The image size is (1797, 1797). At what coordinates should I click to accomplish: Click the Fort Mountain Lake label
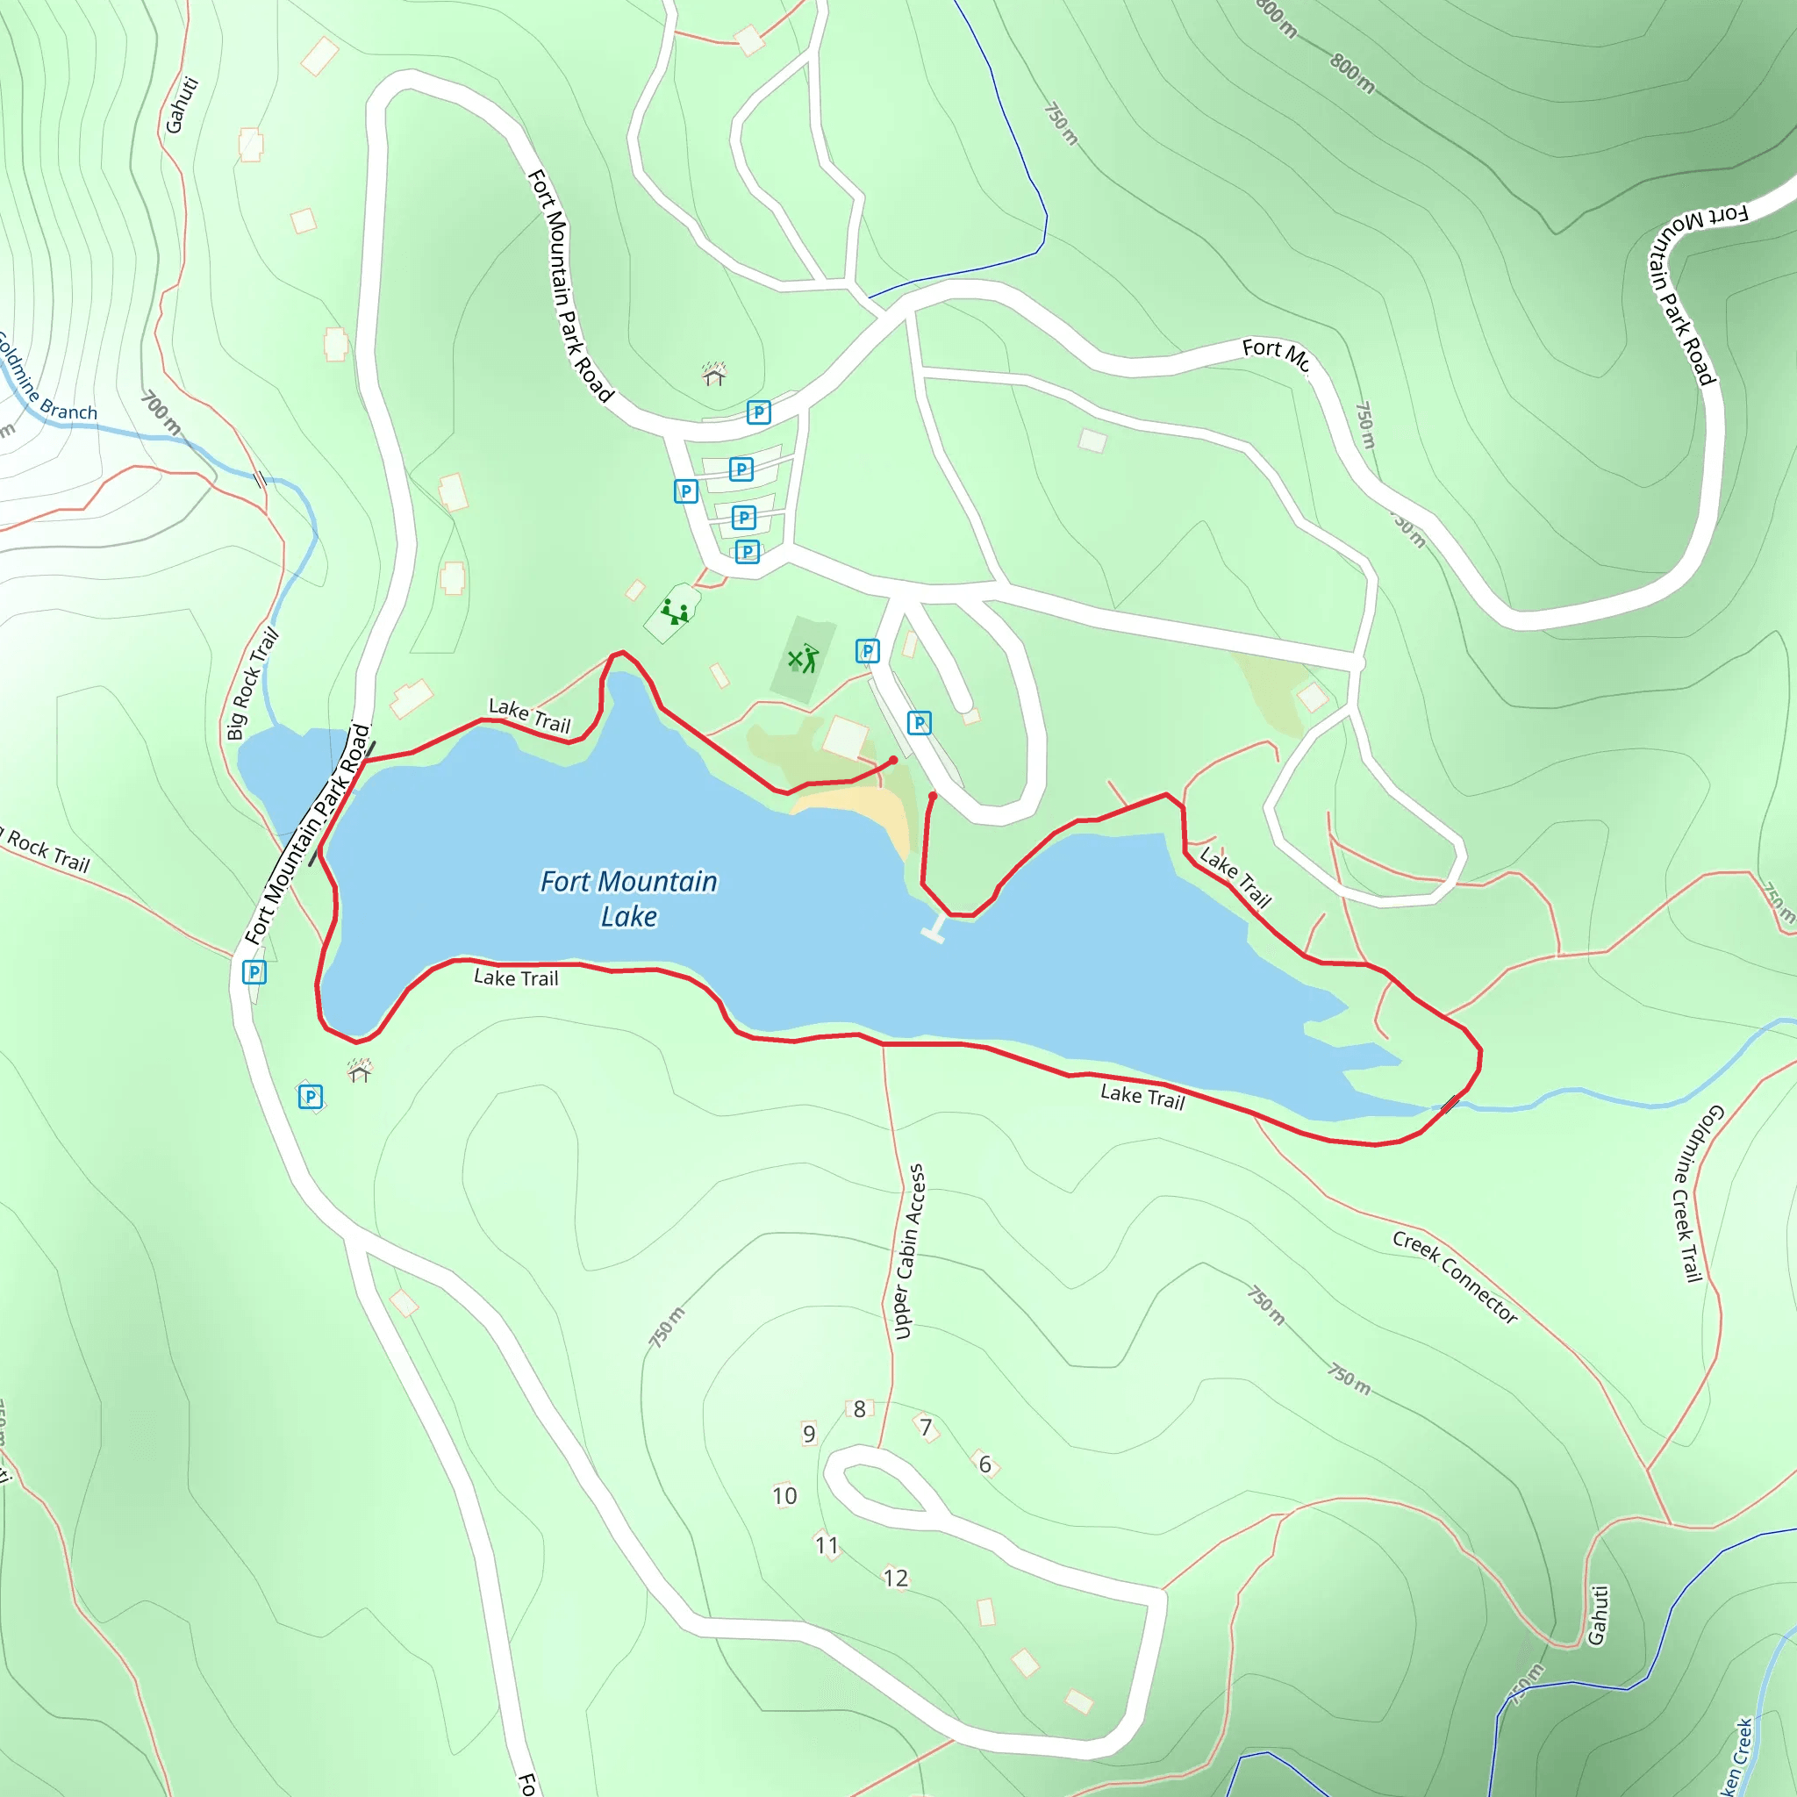629,898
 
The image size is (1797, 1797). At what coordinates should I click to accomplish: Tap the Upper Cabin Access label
910,1251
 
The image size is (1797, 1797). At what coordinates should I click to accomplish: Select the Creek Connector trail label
1455,1276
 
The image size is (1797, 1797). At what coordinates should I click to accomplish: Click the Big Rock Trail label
253,684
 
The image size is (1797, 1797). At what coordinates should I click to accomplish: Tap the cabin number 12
895,1578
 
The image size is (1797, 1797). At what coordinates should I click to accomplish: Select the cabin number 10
784,1496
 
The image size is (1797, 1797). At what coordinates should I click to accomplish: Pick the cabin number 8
859,1409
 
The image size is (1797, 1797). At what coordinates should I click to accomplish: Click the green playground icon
675,612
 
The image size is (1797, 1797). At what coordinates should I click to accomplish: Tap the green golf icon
804,659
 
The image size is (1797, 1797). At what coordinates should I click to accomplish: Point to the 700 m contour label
161,412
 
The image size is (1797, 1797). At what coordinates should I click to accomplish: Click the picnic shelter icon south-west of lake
360,1071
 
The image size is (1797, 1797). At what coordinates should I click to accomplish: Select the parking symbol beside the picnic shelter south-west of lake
311,1097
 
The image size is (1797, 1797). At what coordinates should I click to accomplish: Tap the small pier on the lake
934,929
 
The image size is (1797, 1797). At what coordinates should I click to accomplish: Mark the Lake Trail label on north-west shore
529,715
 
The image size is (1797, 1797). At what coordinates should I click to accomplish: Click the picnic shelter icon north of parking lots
713,374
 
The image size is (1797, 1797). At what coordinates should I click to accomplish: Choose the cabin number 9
809,1434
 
